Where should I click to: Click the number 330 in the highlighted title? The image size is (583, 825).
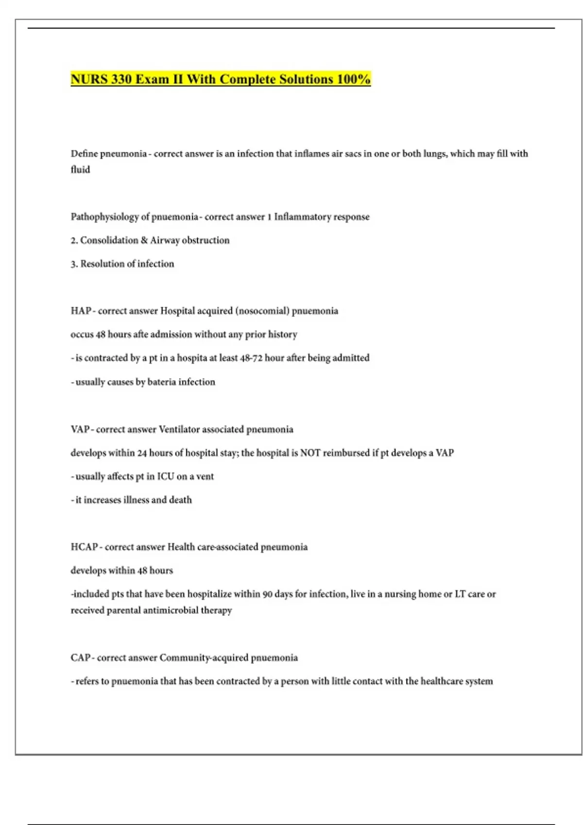[x=121, y=79]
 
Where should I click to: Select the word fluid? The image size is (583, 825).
[x=80, y=170]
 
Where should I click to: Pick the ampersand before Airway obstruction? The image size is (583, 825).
[x=144, y=240]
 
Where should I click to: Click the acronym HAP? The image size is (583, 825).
[x=80, y=311]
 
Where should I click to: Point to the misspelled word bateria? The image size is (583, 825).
[x=161, y=382]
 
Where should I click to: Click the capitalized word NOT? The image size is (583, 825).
[x=310, y=453]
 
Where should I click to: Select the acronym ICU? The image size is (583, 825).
[x=165, y=477]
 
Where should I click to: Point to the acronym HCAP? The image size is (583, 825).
[x=84, y=547]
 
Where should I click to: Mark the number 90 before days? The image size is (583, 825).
[x=267, y=594]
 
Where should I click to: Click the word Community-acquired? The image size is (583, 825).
[x=204, y=658]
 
